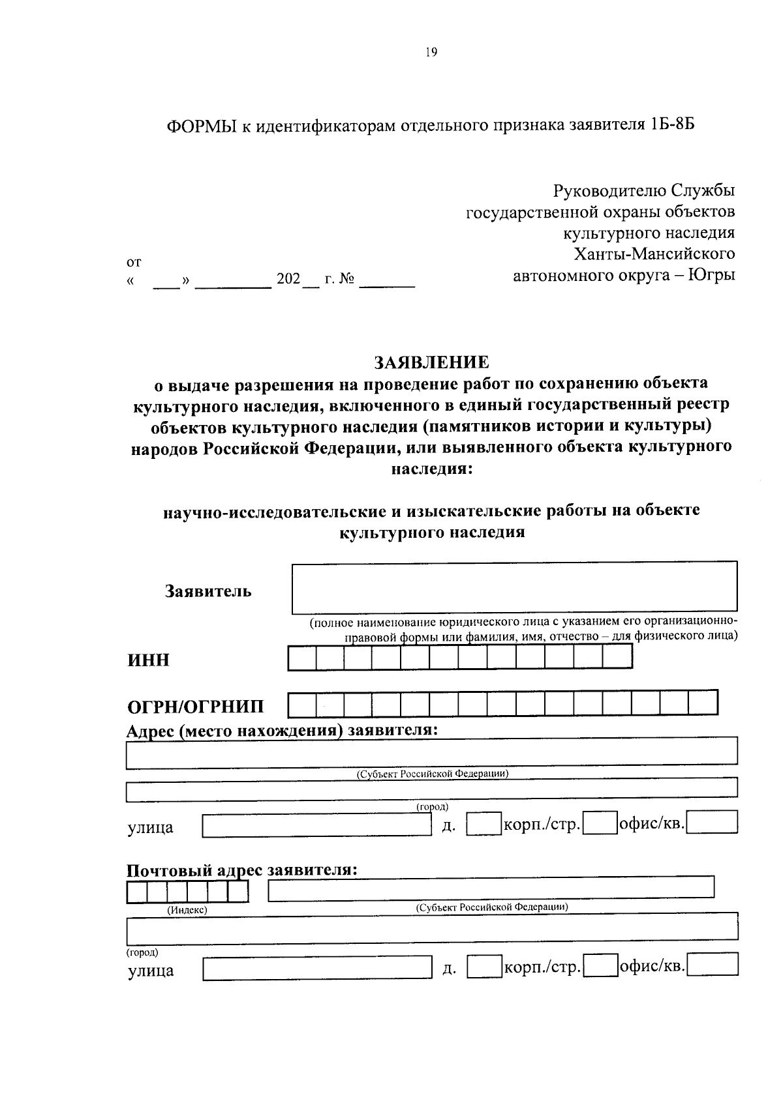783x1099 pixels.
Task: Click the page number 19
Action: click(431, 53)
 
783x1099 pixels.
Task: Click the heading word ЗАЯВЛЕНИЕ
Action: click(431, 361)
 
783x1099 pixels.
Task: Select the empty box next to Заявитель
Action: click(514, 587)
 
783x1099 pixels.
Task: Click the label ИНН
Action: click(148, 660)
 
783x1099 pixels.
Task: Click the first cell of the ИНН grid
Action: click(302, 657)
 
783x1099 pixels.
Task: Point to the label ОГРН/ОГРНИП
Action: click(196, 707)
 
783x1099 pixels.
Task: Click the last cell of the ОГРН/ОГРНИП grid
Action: click(703, 703)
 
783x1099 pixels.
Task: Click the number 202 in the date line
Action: click(288, 280)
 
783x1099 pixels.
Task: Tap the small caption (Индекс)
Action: click(187, 910)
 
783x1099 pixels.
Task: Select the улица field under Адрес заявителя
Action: click(316, 825)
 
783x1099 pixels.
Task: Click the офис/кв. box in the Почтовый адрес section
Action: click(713, 965)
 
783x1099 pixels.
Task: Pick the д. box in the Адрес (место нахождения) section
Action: click(484, 823)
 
